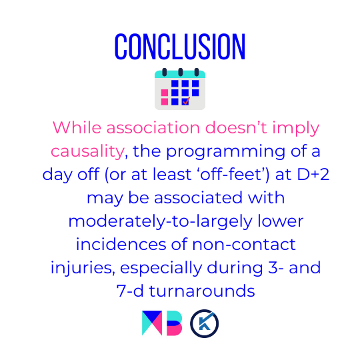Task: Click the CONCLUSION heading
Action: [180, 47]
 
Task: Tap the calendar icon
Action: [180, 89]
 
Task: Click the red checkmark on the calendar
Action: [186, 101]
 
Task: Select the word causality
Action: [87, 151]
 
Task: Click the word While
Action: [77, 127]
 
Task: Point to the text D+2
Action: [313, 175]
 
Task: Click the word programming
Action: [225, 152]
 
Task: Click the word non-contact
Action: [244, 244]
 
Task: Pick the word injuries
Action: [83, 268]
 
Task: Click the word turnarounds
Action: [202, 291]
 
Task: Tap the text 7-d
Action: [130, 291]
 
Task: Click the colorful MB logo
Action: [162, 323]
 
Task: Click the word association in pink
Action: [153, 127]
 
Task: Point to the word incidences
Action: [121, 244]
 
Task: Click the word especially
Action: [161, 268]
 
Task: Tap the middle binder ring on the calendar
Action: [181, 72]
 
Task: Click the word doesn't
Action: [236, 127]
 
